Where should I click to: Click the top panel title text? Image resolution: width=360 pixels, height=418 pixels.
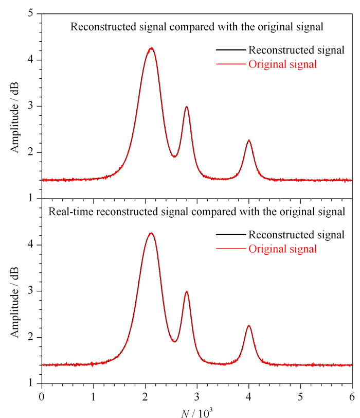click(x=197, y=27)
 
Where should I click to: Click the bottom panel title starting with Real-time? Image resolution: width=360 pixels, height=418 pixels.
click(x=197, y=212)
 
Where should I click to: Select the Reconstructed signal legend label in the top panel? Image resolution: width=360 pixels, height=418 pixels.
click(x=296, y=50)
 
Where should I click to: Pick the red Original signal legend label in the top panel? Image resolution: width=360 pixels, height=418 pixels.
click(x=282, y=64)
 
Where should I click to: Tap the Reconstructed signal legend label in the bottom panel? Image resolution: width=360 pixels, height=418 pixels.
click(x=296, y=235)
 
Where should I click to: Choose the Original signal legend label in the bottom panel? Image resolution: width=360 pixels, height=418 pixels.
click(x=282, y=249)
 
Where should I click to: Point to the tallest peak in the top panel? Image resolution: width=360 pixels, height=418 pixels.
click(x=151, y=48)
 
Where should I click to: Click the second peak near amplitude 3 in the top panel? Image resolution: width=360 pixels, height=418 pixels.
click(x=186, y=107)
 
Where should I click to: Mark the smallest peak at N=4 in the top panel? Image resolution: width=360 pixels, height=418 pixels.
click(x=249, y=141)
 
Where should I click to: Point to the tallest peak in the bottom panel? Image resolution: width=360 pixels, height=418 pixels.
click(x=151, y=233)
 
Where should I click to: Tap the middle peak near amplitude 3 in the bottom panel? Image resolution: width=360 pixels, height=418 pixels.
click(x=186, y=292)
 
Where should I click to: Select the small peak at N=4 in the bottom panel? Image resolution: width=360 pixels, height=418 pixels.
click(x=249, y=326)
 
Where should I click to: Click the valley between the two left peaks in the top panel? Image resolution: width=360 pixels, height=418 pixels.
click(x=174, y=156)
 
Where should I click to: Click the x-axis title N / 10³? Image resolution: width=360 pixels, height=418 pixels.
click(x=197, y=413)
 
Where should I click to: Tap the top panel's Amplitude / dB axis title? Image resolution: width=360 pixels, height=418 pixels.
click(x=14, y=117)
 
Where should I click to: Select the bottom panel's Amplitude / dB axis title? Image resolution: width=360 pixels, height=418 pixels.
click(x=14, y=302)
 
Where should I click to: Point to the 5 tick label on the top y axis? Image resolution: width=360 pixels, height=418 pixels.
click(x=31, y=13)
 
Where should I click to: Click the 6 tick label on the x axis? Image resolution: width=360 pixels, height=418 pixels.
click(x=352, y=397)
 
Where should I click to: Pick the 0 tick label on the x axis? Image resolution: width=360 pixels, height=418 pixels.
click(x=42, y=397)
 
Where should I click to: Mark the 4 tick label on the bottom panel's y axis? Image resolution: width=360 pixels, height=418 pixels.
click(x=31, y=244)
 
